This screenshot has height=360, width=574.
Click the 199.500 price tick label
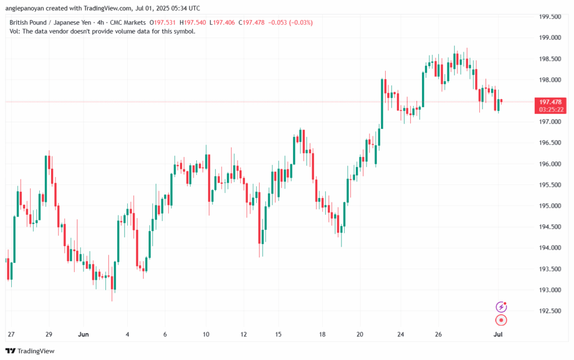point(550,17)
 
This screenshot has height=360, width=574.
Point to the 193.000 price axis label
point(550,290)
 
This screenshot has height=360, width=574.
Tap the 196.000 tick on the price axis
point(550,164)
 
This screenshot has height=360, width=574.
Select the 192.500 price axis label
point(550,311)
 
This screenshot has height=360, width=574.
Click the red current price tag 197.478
point(550,101)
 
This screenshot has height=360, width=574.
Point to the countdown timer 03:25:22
point(550,109)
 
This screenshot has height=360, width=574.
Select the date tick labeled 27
point(11,334)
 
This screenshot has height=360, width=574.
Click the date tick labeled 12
point(244,334)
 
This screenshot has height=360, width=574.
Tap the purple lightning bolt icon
point(502,307)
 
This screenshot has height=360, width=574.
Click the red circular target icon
point(502,320)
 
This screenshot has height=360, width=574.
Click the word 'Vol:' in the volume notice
point(15,31)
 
